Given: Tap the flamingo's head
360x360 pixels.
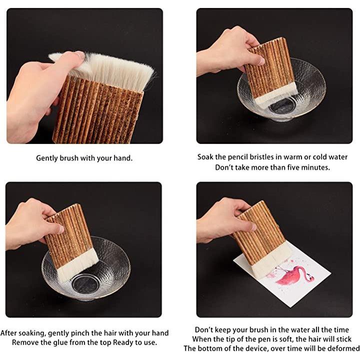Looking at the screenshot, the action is pyautogui.click(x=311, y=278).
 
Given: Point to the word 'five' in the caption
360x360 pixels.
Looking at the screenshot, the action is pyautogui.click(x=291, y=167).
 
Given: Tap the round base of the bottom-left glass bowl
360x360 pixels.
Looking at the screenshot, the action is pyautogui.click(x=85, y=284).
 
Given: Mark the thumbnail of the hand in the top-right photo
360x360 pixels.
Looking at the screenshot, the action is pyautogui.click(x=261, y=61).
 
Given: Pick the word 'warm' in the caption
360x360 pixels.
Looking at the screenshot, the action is pyautogui.click(x=292, y=157).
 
